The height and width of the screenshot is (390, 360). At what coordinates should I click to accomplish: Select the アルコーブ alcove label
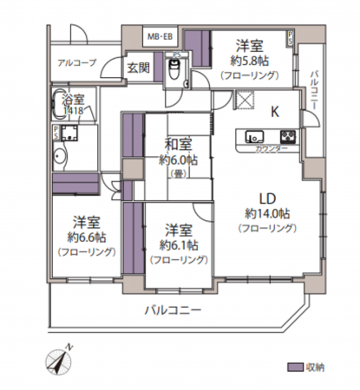(x=77, y=63)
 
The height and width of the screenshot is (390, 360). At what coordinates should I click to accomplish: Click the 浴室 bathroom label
(x=72, y=101)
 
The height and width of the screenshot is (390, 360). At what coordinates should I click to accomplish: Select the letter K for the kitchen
(x=275, y=111)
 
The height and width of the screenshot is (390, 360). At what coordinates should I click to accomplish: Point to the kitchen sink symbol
(x=256, y=136)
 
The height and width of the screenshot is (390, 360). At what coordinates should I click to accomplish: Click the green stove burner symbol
(x=287, y=136)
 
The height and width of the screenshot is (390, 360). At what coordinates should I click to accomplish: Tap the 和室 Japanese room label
(x=177, y=143)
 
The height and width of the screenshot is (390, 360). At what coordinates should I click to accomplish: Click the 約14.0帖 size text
(x=267, y=213)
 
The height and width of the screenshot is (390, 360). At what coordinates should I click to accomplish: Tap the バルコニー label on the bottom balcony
(x=173, y=309)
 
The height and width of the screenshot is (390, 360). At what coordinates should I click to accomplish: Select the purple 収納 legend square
(x=295, y=367)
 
